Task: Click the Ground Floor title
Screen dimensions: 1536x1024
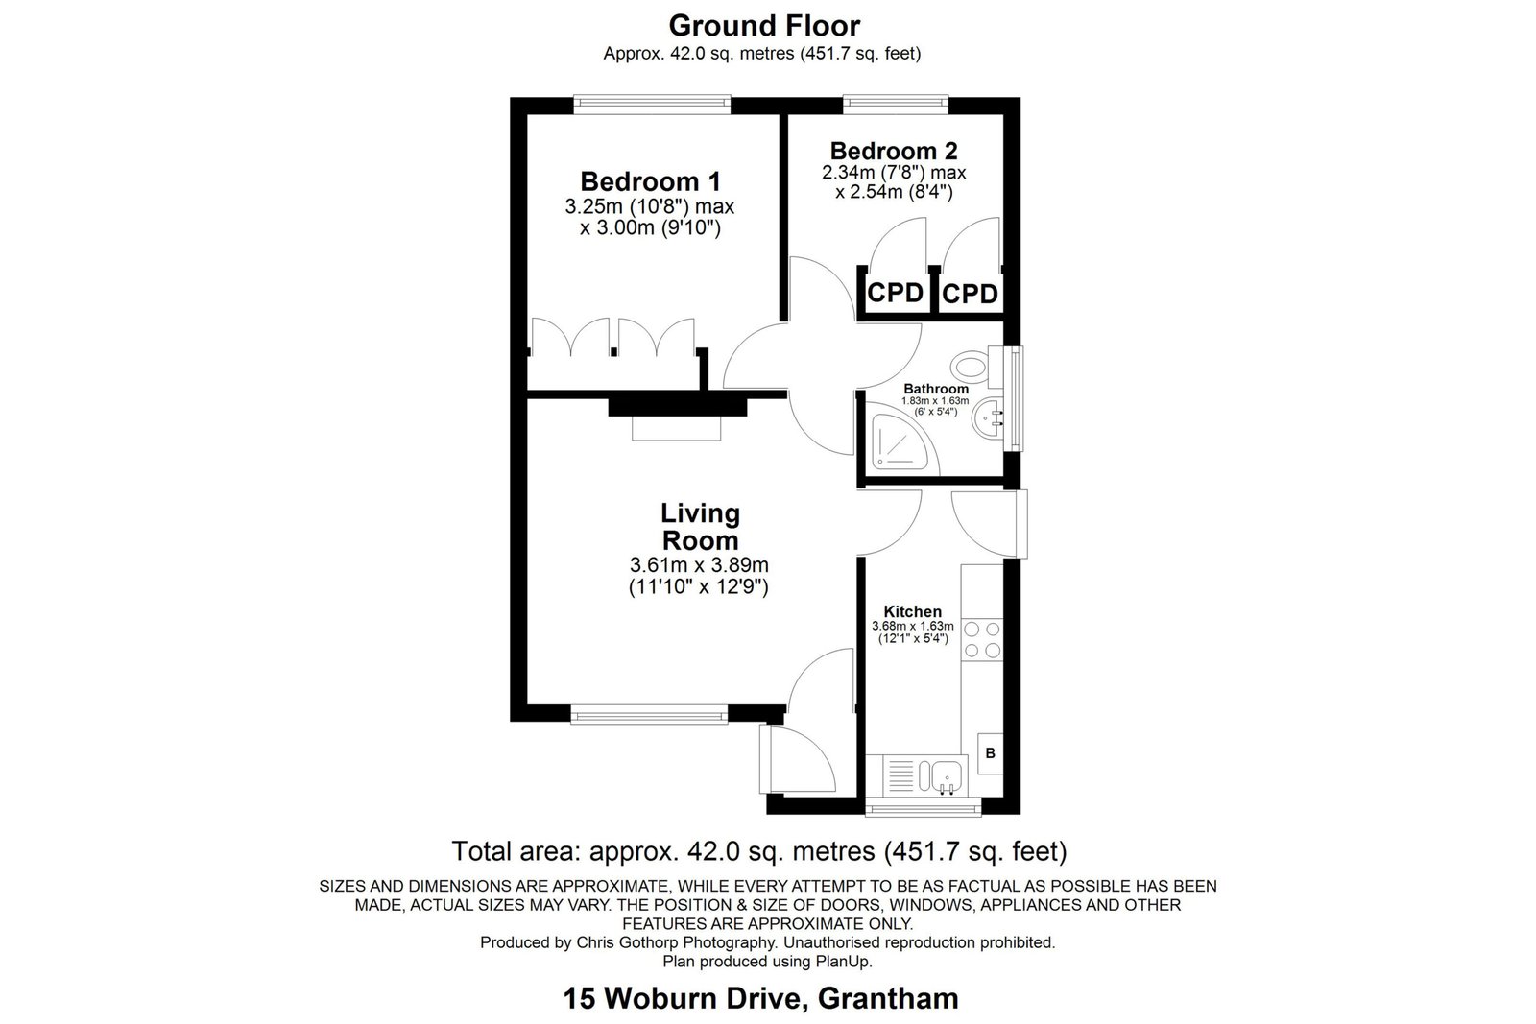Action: click(764, 26)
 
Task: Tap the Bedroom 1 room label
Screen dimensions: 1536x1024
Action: click(650, 181)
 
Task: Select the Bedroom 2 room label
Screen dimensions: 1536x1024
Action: click(894, 151)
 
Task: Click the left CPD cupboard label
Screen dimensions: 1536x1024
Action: click(895, 294)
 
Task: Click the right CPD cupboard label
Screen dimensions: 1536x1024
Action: click(970, 294)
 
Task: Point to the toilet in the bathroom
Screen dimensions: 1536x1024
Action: click(978, 366)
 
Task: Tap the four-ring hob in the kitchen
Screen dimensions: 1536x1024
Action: click(982, 639)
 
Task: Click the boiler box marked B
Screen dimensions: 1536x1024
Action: click(990, 753)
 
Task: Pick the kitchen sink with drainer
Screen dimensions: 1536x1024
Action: click(917, 775)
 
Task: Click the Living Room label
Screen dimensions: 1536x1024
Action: click(700, 526)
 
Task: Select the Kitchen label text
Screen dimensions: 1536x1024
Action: click(913, 611)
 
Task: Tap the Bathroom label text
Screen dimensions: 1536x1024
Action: click(936, 389)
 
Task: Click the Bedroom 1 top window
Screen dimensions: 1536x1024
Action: click(652, 104)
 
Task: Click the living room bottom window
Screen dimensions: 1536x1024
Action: click(649, 716)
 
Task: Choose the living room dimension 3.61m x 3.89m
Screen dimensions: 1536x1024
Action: click(699, 565)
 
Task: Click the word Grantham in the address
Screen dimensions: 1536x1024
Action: click(888, 999)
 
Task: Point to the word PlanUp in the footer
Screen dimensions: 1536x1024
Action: click(844, 962)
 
